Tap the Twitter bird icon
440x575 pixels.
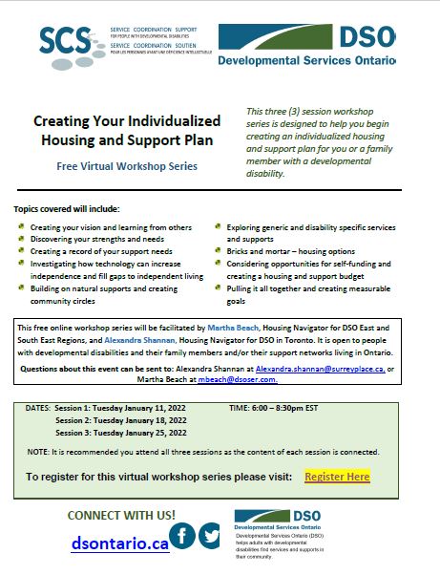(211, 536)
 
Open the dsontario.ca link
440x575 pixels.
(120, 543)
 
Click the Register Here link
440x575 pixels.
(336, 476)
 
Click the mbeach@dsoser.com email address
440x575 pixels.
(249, 378)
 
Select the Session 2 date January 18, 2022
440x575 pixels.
(146, 419)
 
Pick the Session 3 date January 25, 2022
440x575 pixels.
(146, 432)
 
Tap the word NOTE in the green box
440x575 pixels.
(38, 451)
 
